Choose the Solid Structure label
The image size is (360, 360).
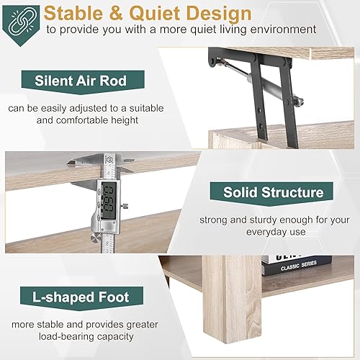(272, 192)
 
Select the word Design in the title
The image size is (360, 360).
(224, 13)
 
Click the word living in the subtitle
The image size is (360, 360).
(218, 30)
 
